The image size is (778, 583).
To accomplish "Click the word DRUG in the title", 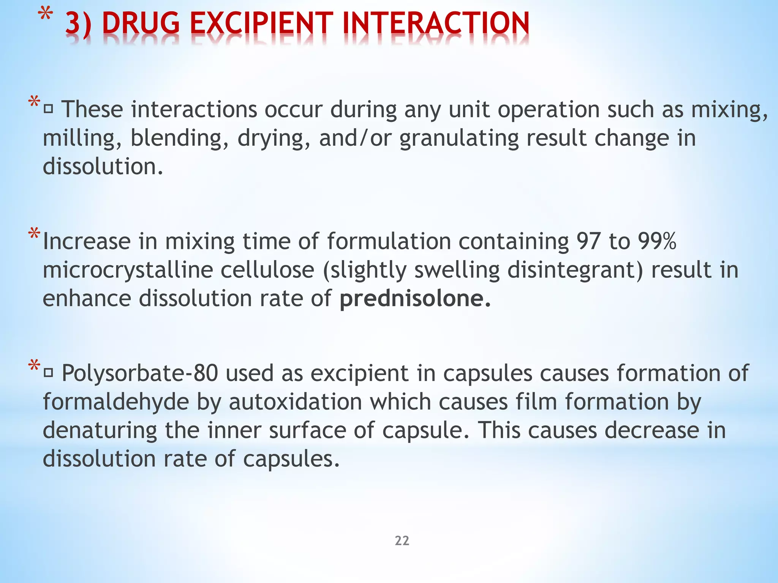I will click(141, 24).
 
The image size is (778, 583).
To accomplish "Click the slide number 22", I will click(402, 540).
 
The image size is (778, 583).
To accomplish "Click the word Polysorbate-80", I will click(140, 373).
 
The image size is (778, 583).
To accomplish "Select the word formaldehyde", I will click(116, 402).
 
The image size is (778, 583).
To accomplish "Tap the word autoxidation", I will click(296, 402).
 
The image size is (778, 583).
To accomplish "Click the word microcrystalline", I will click(128, 270).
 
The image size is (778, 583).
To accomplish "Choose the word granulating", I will click(459, 139).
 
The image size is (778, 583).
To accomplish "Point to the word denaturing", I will click(100, 430).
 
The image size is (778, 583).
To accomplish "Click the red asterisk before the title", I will click(45, 16).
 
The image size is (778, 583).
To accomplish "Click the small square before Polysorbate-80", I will click(48, 374).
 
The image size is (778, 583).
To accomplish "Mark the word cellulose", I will click(267, 270).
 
